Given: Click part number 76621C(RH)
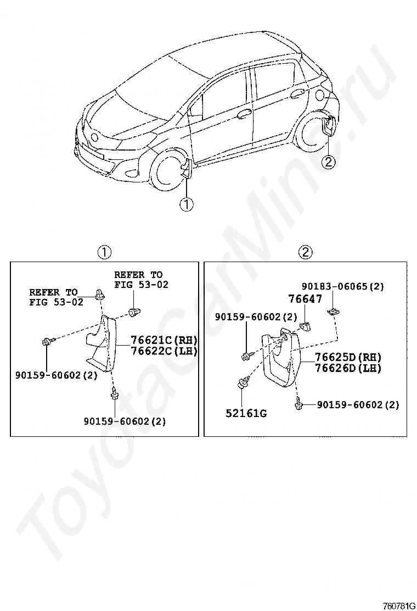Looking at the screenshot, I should pos(163,340).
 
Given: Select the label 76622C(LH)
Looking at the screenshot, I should pos(163,351).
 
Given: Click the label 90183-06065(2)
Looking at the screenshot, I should pos(343,286).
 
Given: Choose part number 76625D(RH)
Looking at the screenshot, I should pos(348,357).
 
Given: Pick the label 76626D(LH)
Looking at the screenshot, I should pos(348,368).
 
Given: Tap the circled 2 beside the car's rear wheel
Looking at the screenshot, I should pos(328,162).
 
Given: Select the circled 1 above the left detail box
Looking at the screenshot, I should pos(104,252).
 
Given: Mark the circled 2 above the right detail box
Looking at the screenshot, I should pos(305,252).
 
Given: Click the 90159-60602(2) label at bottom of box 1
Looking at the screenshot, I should pos(125,421).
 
